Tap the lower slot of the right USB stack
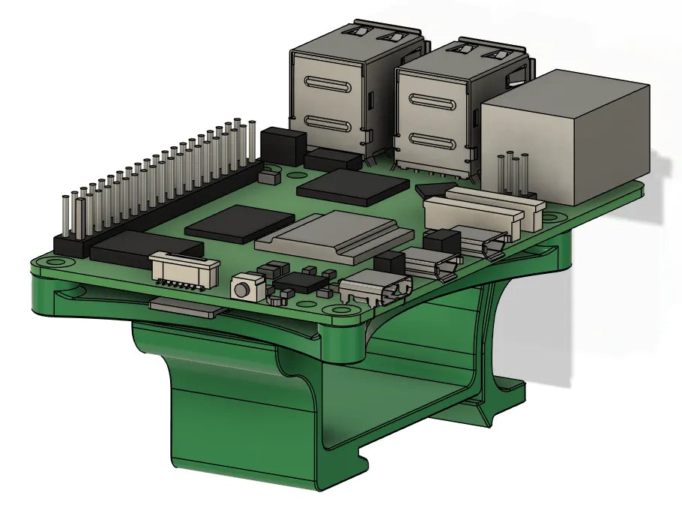coord(435,143)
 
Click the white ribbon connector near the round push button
coord(184,268)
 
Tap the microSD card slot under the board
coord(187,305)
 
